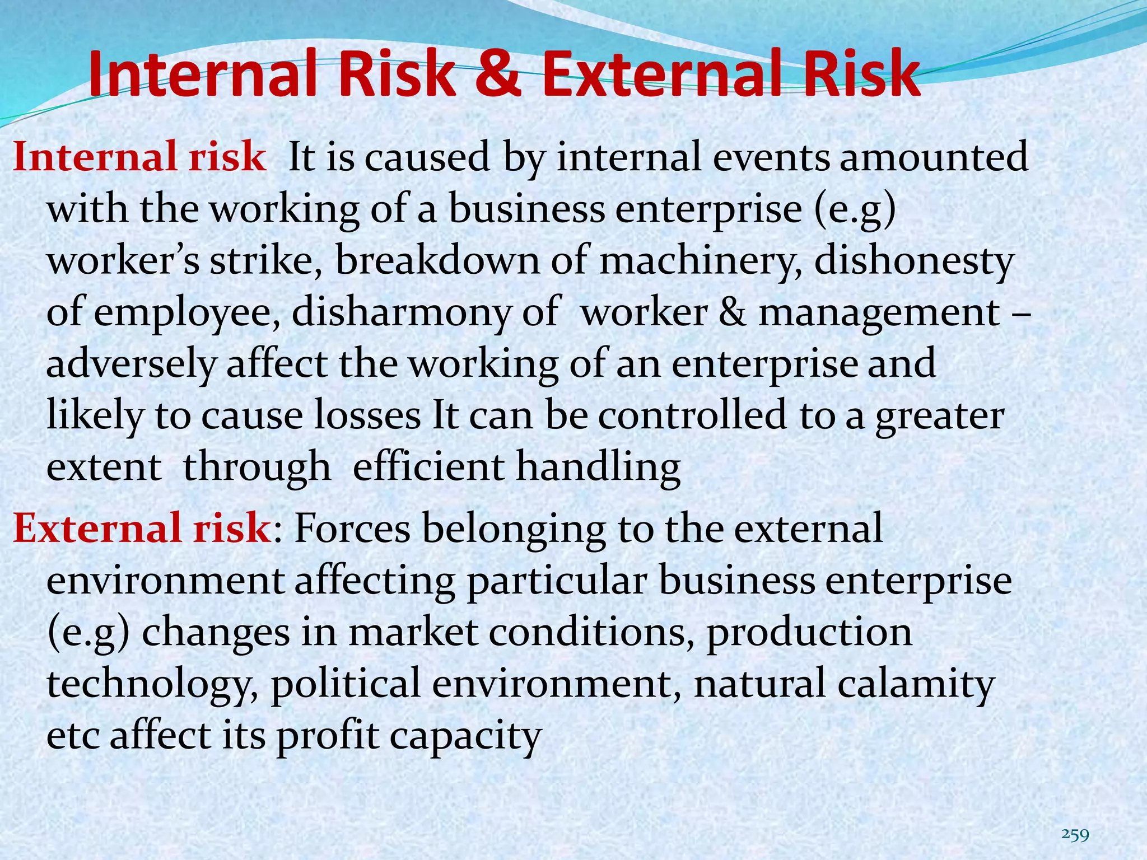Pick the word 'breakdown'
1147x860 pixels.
pyautogui.click(x=437, y=261)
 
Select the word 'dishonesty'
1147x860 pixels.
pyautogui.click(x=913, y=261)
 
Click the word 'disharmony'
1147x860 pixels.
pyautogui.click(x=400, y=313)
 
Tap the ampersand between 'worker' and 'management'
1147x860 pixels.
pyautogui.click(x=732, y=313)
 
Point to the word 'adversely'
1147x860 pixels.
pyautogui.click(x=130, y=364)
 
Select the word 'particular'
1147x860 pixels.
pyautogui.click(x=557, y=581)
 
